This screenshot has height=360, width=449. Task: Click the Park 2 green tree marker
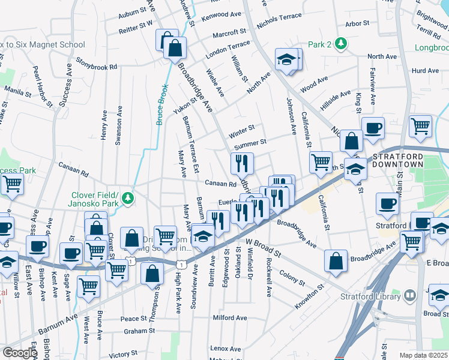[341, 44]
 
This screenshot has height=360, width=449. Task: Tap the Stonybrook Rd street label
[95, 67]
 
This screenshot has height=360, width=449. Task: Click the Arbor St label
[357, 25]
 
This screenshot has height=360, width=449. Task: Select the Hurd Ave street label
[426, 71]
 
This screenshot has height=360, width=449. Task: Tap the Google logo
[20, 353]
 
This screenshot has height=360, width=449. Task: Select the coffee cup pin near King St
[373, 128]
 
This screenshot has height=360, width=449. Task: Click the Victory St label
[123, 355]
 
